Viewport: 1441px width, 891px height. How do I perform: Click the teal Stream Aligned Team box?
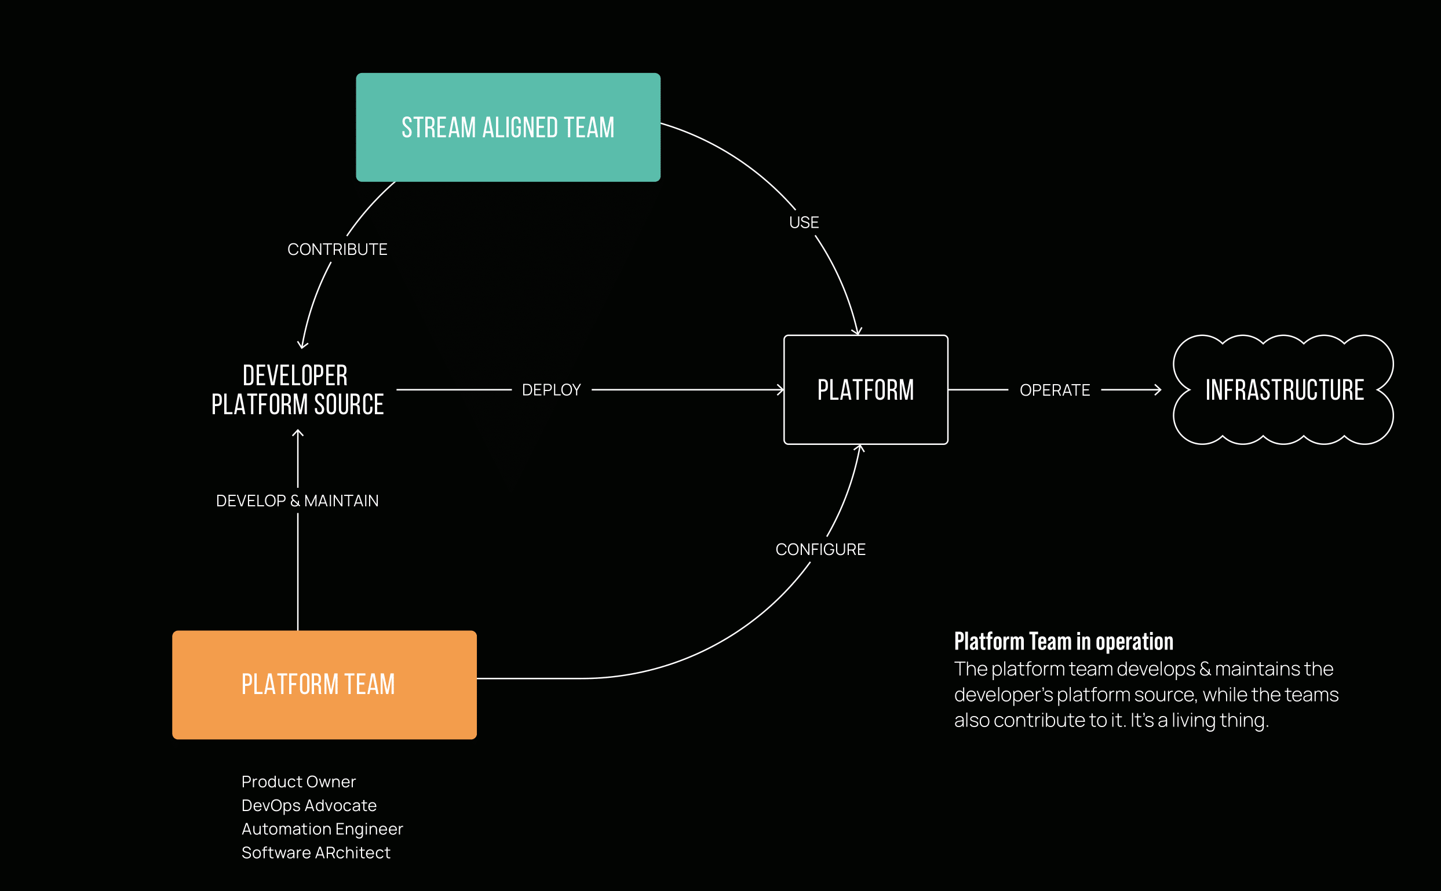508,127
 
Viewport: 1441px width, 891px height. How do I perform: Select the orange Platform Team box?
324,685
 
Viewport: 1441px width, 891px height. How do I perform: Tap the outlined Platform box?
865,389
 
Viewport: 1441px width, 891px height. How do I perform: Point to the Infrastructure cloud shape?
1283,389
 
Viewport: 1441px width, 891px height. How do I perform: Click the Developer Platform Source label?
297,389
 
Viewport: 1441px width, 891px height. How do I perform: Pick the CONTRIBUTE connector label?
337,249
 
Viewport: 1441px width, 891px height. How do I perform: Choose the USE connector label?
804,222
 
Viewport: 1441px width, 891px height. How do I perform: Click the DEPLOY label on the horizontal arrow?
551,389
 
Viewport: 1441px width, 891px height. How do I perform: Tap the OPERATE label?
1055,390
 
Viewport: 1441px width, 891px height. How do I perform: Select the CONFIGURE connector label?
820,549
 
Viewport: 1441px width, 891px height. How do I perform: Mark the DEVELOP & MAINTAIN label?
297,501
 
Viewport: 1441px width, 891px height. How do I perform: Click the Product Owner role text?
298,782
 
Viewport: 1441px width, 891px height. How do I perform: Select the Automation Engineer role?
322,828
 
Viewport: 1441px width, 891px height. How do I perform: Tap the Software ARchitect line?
316,852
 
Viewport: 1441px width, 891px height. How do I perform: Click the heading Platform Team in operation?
1063,641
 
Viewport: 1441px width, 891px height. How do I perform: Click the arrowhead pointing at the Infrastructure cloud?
1158,389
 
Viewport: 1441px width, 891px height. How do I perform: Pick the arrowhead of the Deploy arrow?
781,389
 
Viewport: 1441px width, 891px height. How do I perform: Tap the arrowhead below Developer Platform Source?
298,433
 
